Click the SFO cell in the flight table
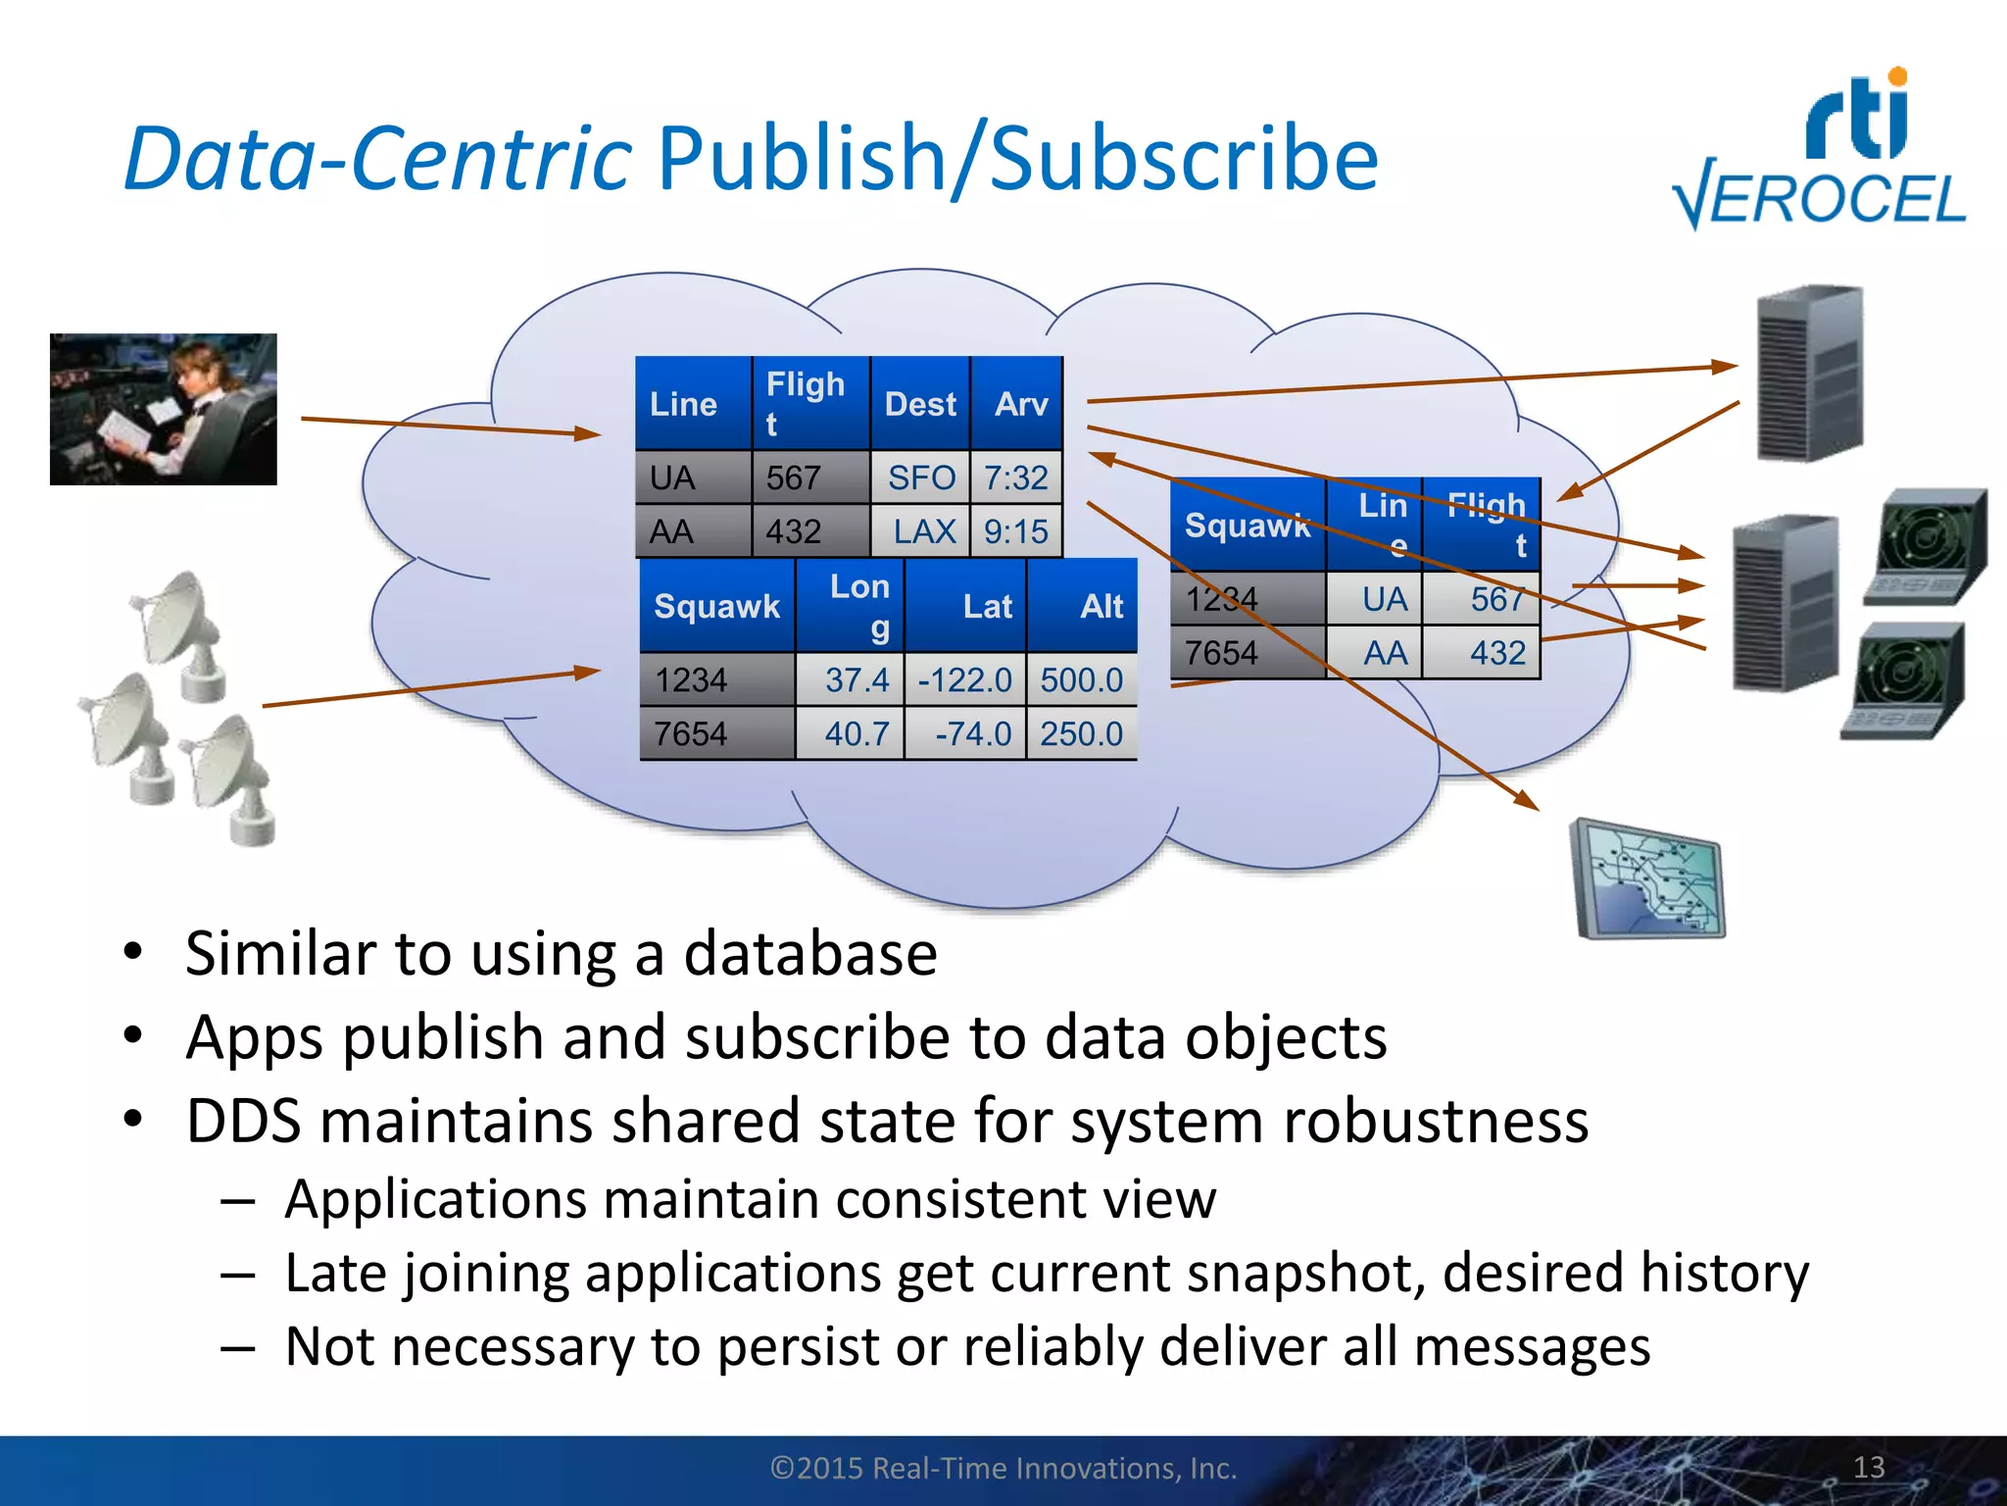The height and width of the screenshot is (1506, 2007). [920, 477]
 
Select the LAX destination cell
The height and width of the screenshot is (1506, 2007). [923, 531]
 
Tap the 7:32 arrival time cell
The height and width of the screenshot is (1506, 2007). [1016, 477]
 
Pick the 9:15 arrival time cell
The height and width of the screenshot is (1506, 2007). [1016, 531]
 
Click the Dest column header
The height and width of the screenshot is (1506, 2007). [919, 404]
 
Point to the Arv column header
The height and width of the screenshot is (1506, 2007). [1020, 404]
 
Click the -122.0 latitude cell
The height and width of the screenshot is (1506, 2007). [964, 679]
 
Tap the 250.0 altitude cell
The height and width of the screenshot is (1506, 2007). [1081, 733]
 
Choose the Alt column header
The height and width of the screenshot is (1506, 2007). [1101, 606]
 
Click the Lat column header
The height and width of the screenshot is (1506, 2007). [986, 606]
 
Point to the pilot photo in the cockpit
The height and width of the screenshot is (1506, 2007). [164, 409]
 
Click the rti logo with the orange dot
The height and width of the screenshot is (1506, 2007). [1858, 116]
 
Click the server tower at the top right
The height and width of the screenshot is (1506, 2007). [1809, 373]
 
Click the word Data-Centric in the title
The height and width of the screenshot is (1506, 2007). [378, 159]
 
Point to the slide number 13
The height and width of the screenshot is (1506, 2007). [1869, 1467]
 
